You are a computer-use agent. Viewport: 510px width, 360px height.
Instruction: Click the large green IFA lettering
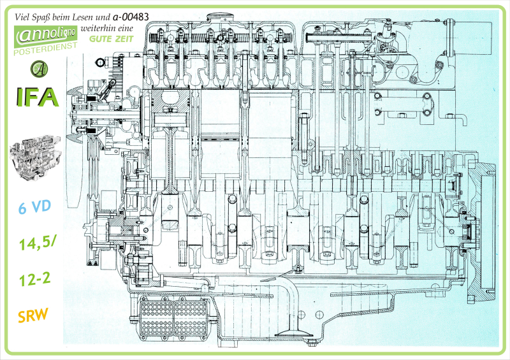[36, 97]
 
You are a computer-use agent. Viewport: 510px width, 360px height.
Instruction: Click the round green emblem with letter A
[39, 68]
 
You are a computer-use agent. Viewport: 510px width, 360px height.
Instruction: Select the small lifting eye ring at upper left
[99, 62]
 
